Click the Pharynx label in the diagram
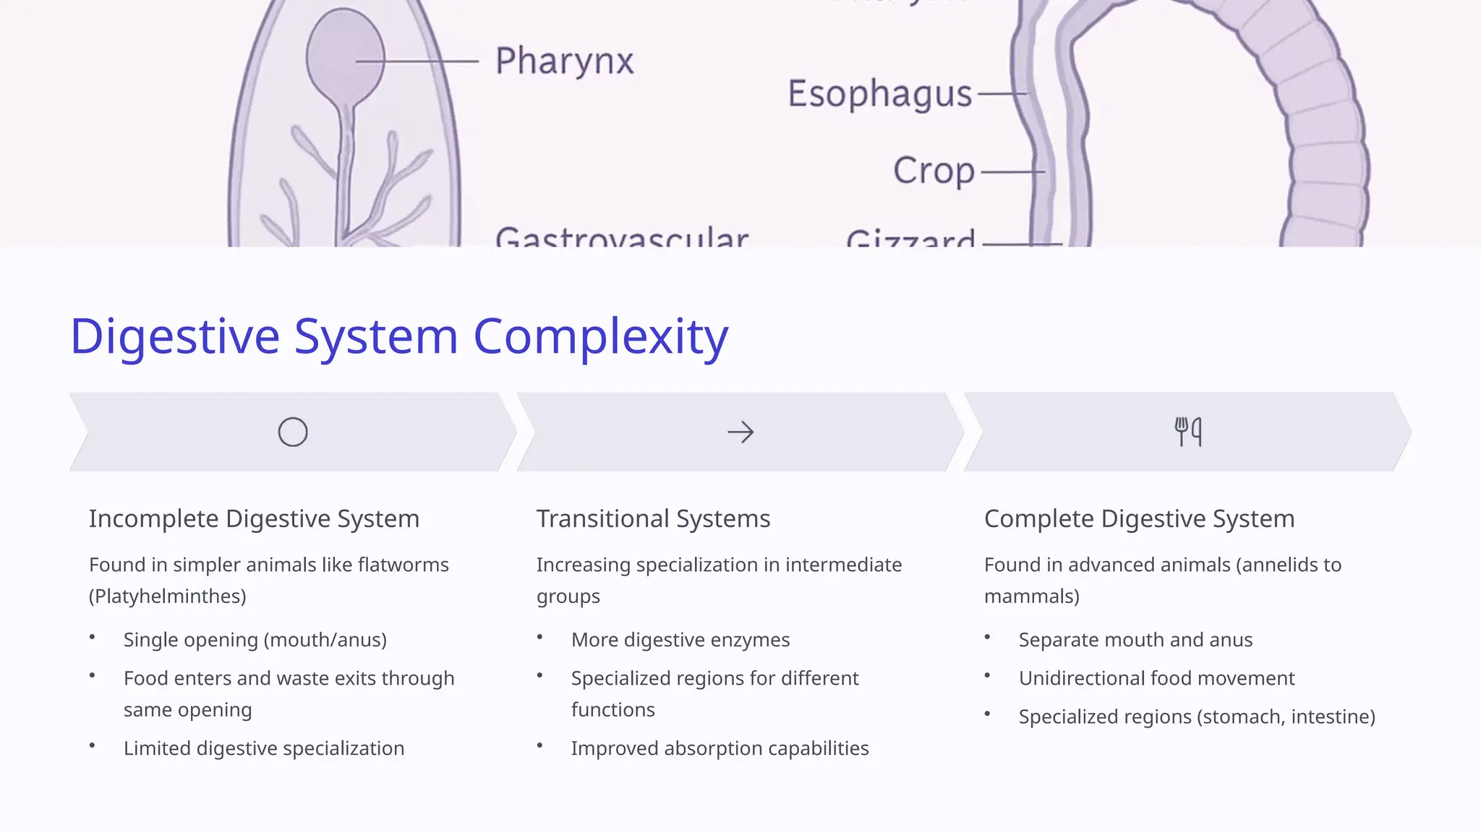click(x=564, y=61)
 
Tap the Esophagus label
click(x=879, y=94)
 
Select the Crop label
click(x=934, y=171)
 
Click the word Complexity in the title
click(x=600, y=336)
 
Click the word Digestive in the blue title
click(x=174, y=336)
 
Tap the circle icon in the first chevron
click(x=293, y=432)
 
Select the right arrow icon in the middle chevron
click(x=740, y=432)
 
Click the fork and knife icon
click(x=1188, y=432)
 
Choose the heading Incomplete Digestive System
click(x=254, y=519)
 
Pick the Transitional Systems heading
click(x=653, y=519)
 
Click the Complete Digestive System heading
click(x=1139, y=519)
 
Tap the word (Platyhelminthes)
click(x=168, y=597)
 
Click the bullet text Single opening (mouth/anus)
click(x=255, y=640)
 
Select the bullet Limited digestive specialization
click(x=264, y=748)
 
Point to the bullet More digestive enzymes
click(x=680, y=640)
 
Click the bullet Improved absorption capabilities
click(x=720, y=748)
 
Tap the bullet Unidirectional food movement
click(x=1156, y=678)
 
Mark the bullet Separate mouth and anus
click(x=1135, y=640)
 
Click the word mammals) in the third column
click(x=1031, y=597)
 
